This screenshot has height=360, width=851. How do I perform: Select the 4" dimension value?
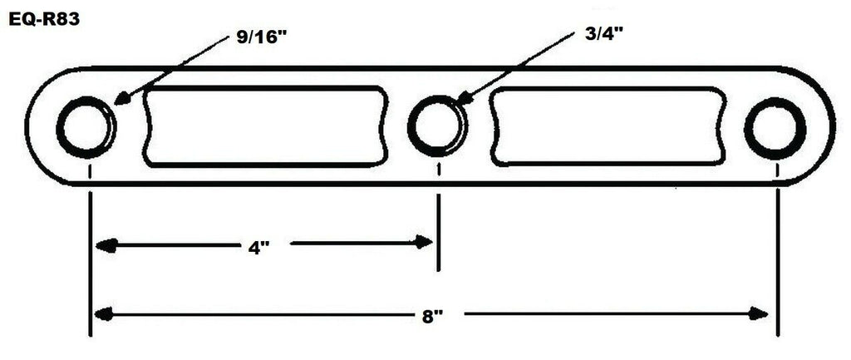pos(260,248)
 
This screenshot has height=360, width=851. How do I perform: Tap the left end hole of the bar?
pos(86,127)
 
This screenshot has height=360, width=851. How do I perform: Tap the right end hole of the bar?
pos(775,127)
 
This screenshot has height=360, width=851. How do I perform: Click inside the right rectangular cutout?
pos(608,126)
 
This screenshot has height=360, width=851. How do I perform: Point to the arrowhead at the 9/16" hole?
pos(120,100)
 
